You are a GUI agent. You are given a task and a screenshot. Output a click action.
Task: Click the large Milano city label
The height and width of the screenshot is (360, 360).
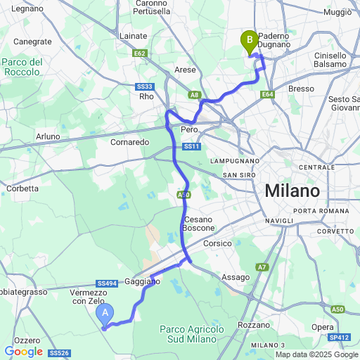[x=292, y=191]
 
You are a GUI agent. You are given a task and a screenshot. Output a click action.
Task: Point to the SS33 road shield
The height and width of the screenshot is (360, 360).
[x=144, y=86]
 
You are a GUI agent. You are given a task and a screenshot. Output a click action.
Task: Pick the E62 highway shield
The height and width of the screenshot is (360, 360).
[x=139, y=53]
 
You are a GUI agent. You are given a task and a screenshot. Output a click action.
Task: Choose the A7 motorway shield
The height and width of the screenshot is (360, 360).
[x=262, y=266]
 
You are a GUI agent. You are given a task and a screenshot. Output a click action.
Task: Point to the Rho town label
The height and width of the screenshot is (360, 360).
[x=146, y=96]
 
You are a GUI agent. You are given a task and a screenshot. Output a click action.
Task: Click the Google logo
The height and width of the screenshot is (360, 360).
[x=23, y=352]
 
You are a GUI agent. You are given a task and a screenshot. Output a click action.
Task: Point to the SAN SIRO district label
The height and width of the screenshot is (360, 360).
[x=238, y=174]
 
